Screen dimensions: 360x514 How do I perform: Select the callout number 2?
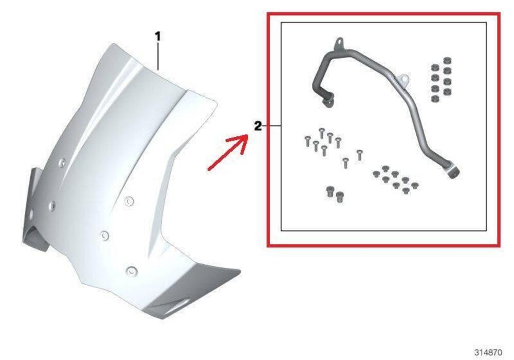[258, 125]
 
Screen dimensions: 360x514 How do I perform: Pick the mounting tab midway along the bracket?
[405, 80]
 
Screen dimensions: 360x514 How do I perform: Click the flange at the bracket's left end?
[327, 100]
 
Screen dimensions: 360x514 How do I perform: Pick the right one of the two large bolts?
[339, 196]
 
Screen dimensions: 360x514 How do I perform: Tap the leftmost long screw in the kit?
[307, 140]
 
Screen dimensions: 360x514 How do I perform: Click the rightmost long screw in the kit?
[359, 154]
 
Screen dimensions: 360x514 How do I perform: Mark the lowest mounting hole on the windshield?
[132, 269]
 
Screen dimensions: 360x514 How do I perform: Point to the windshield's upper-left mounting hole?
[62, 163]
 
